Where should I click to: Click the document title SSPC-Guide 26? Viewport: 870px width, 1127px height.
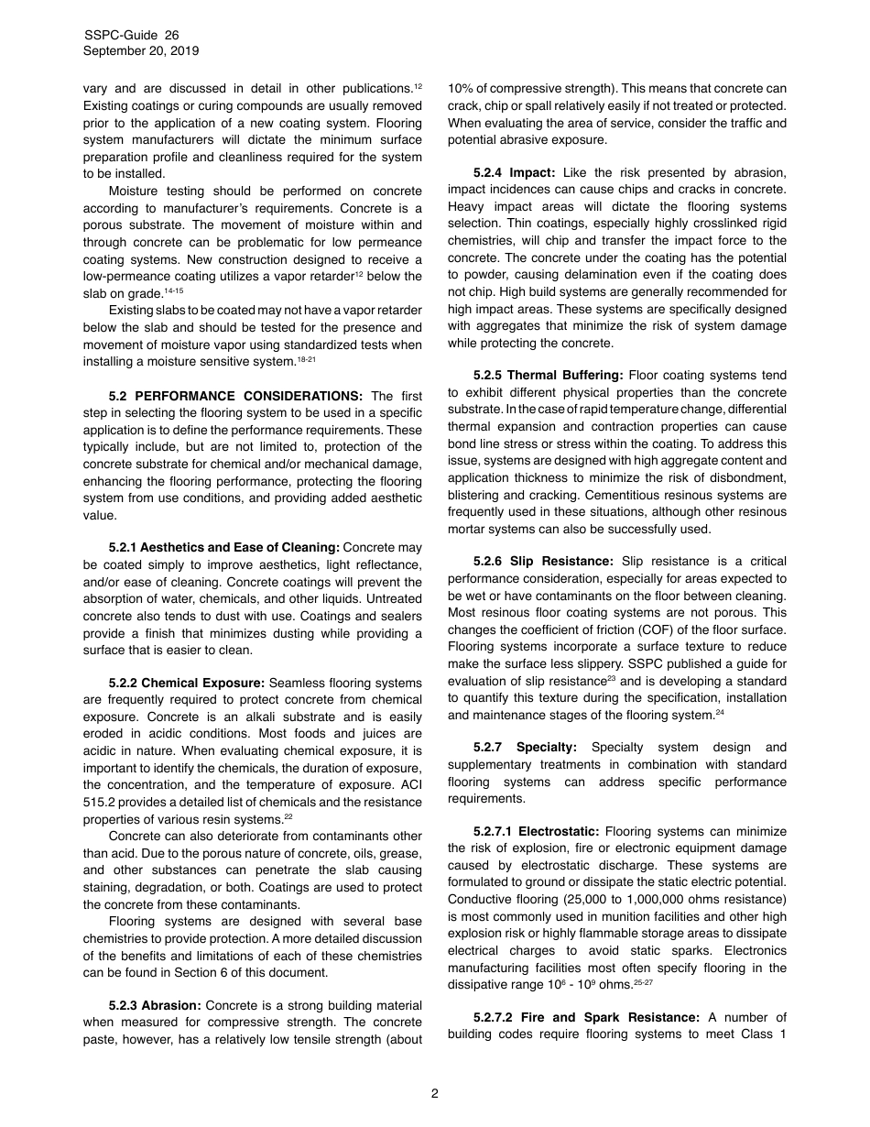(x=131, y=35)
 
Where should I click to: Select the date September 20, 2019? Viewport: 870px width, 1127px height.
(x=141, y=51)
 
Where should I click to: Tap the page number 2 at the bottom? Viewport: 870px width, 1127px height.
(x=435, y=1092)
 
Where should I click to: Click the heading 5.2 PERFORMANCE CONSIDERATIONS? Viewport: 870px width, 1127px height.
(x=235, y=396)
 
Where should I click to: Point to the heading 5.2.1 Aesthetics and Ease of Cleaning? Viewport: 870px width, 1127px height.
(x=223, y=548)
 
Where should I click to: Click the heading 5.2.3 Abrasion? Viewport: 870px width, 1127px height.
(x=155, y=1006)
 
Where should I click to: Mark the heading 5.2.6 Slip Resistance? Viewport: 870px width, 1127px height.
(x=543, y=561)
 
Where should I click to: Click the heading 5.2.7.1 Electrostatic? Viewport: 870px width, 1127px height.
(x=536, y=831)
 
